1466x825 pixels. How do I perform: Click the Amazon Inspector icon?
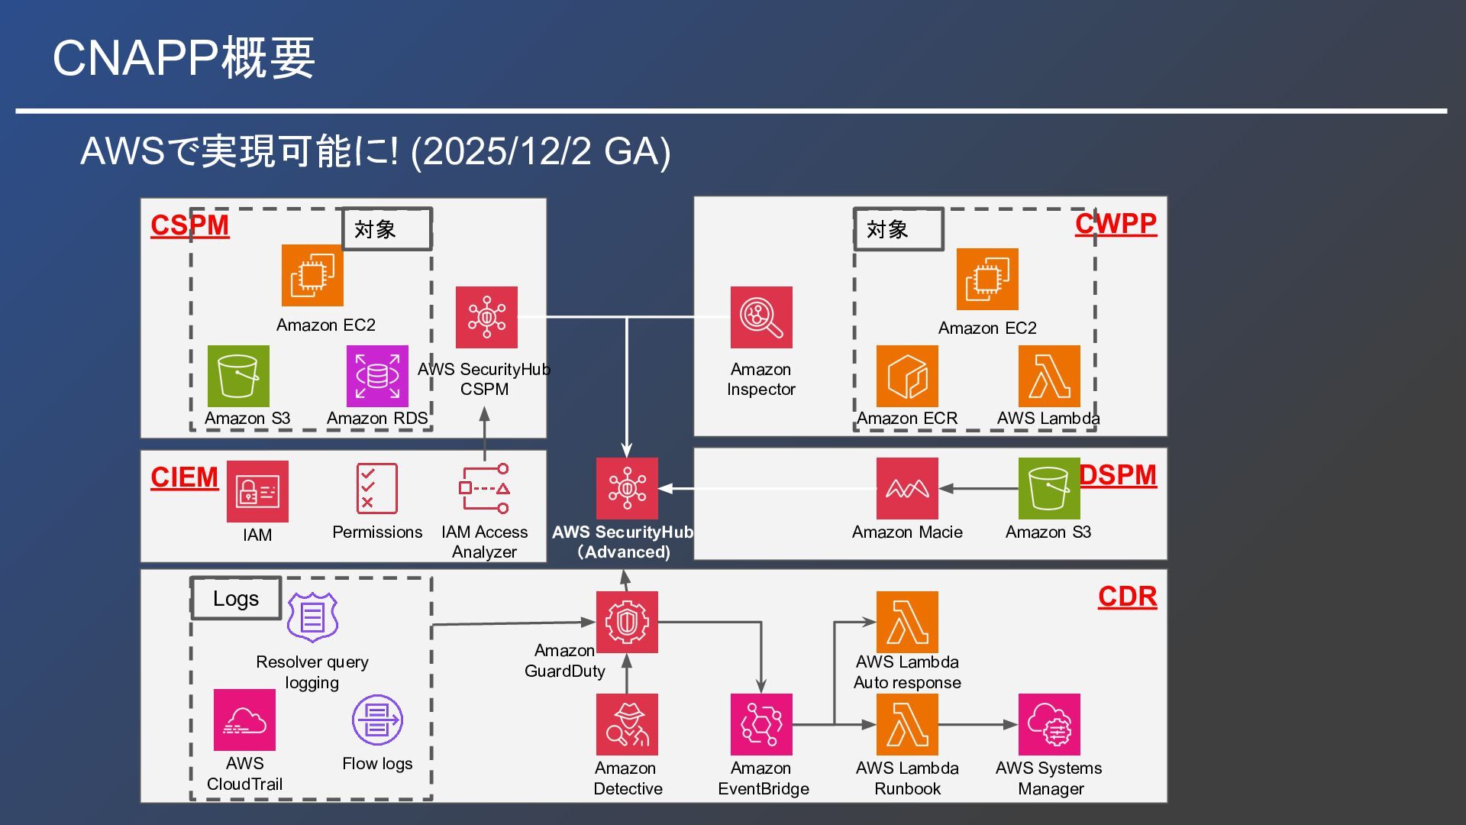(760, 317)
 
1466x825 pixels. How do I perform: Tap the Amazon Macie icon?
(907, 488)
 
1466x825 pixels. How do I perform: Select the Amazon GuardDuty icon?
(627, 622)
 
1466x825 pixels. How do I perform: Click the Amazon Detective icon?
(627, 724)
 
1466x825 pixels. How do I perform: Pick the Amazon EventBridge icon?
(760, 724)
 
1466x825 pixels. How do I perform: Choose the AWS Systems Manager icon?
(1048, 724)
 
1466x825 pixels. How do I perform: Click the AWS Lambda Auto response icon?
(907, 622)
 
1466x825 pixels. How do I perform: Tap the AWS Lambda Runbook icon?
(907, 724)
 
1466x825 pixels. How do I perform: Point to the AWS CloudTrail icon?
(244, 720)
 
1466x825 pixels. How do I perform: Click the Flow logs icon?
(377, 720)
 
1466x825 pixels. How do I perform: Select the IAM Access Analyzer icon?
(484, 488)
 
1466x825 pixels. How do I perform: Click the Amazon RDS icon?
(377, 376)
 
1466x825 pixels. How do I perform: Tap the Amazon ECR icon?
(907, 376)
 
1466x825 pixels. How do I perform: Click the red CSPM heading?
(189, 225)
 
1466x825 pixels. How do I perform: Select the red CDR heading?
(1127, 597)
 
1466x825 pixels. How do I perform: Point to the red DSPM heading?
(1118, 475)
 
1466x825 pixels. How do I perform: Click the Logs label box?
(236, 598)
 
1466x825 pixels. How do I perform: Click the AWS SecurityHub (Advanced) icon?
(627, 488)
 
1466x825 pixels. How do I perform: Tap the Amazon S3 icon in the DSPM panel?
(1048, 488)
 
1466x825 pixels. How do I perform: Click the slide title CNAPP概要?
(183, 58)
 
